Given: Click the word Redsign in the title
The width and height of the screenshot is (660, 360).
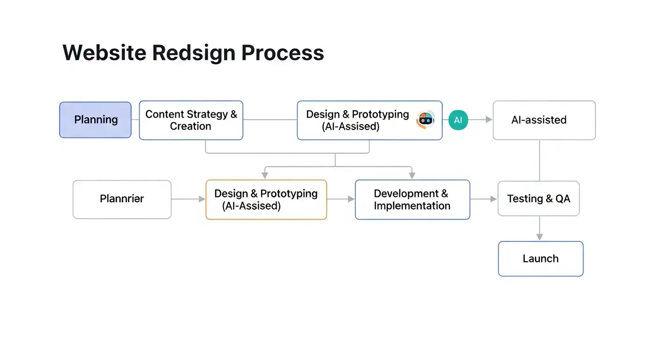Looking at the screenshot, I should click(194, 52).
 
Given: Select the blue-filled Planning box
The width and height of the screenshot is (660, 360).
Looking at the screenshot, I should click(96, 120).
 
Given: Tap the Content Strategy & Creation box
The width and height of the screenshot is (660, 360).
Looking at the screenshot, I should click(191, 120).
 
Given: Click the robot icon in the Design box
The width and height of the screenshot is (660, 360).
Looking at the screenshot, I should click(426, 120).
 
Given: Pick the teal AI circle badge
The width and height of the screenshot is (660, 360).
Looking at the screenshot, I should click(458, 120).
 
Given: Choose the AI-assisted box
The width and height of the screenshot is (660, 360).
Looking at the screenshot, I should click(544, 120).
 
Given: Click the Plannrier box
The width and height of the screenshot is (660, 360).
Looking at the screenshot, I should click(122, 199).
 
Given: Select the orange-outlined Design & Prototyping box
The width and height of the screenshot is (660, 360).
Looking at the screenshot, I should click(266, 200).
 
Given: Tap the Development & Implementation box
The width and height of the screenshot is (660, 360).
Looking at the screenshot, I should click(412, 200).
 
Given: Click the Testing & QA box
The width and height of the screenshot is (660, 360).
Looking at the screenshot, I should click(539, 199).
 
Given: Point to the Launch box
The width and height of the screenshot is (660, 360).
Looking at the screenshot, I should click(540, 259).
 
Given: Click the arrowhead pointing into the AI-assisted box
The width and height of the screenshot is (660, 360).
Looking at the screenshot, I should click(489, 120).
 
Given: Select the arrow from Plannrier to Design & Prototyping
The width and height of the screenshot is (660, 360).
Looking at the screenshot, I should click(188, 199).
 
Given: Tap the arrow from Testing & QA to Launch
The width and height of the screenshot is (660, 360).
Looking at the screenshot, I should click(540, 229).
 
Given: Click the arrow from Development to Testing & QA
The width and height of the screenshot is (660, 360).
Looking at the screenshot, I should click(483, 199).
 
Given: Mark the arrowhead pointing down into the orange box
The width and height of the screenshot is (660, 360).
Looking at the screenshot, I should click(265, 175).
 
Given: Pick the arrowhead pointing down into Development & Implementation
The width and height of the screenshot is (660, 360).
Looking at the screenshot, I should click(412, 175).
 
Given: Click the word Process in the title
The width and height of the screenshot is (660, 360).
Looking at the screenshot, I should click(283, 52).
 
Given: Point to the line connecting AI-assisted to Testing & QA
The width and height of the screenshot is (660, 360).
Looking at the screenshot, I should click(540, 160).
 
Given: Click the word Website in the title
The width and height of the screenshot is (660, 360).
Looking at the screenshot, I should click(104, 52).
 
